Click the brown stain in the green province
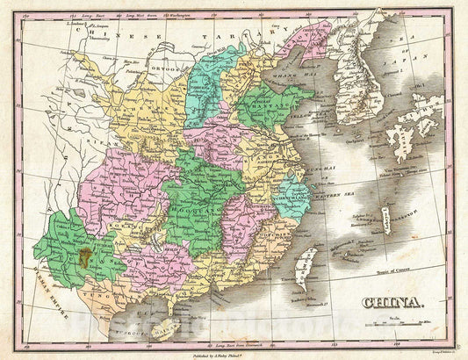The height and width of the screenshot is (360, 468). (86, 257)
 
